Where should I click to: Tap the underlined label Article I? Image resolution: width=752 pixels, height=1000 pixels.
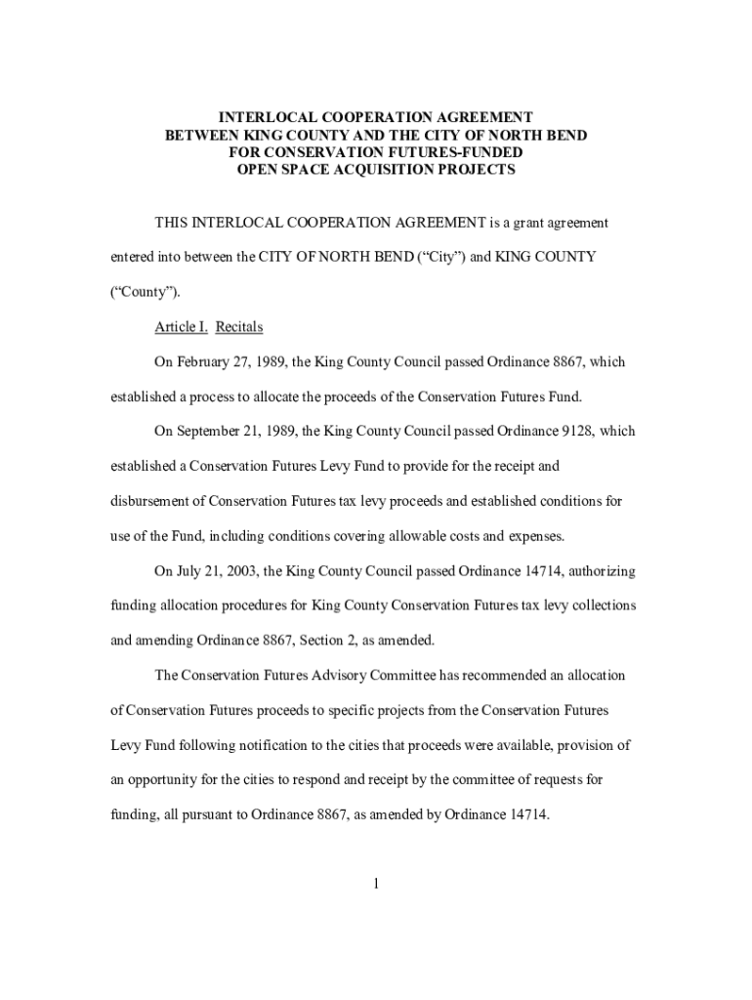[181, 327]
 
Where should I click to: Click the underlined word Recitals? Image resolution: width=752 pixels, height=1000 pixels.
[239, 327]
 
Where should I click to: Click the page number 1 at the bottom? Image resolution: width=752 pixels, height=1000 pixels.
[376, 885]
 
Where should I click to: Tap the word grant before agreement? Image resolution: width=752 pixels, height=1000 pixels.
[525, 223]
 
